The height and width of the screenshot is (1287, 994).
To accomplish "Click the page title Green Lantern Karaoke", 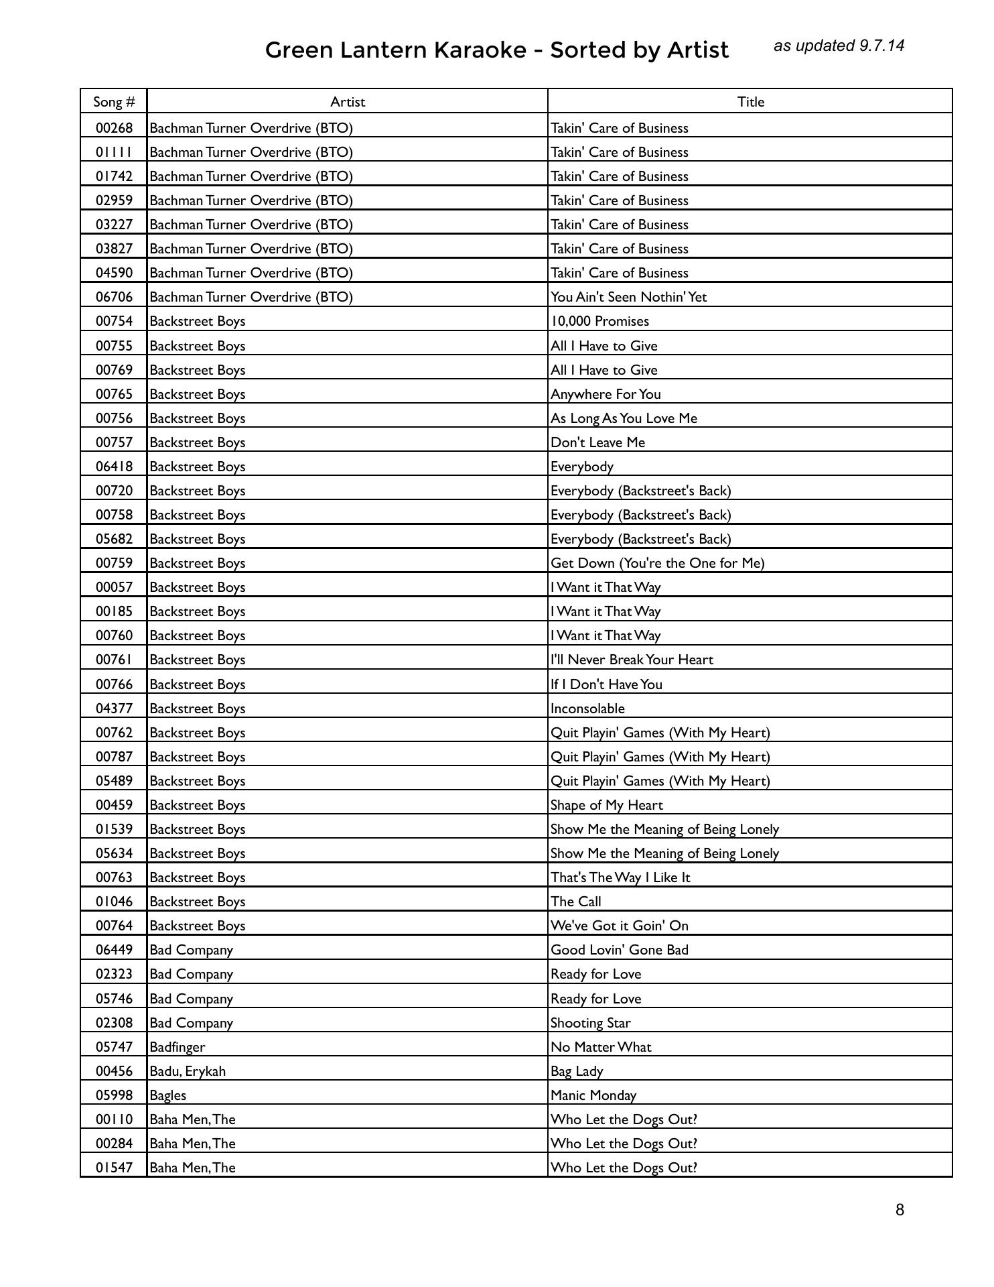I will tap(496, 50).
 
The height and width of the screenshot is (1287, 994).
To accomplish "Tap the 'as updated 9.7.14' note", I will tap(839, 46).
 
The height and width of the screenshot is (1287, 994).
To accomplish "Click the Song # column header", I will tap(114, 102).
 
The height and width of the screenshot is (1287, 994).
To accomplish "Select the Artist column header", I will tap(348, 102).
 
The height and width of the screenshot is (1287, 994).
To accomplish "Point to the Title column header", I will tap(751, 102).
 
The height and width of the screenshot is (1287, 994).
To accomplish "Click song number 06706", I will tap(114, 297).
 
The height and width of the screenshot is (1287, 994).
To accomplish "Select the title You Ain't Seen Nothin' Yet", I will tap(628, 297).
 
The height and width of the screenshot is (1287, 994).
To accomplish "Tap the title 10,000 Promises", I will tap(599, 321).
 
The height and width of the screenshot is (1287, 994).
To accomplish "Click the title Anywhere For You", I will tap(606, 394).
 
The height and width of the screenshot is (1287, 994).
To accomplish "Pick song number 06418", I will tap(114, 467).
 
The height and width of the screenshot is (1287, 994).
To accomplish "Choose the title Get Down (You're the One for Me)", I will tap(657, 563).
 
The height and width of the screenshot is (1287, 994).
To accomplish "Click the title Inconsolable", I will tap(587, 709).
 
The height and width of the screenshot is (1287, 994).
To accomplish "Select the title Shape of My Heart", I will tap(606, 805).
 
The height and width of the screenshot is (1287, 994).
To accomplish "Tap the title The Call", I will tap(575, 902).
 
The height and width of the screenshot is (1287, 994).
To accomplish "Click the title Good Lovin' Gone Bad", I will tap(619, 950).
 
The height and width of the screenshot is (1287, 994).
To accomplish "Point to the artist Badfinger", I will tap(177, 1047).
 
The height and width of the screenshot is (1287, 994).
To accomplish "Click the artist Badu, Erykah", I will tap(188, 1071).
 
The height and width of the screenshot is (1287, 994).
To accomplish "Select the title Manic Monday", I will tap(593, 1095).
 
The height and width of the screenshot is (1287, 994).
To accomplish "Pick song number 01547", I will tap(114, 1168).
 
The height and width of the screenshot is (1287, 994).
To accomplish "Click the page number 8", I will tap(900, 1210).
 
